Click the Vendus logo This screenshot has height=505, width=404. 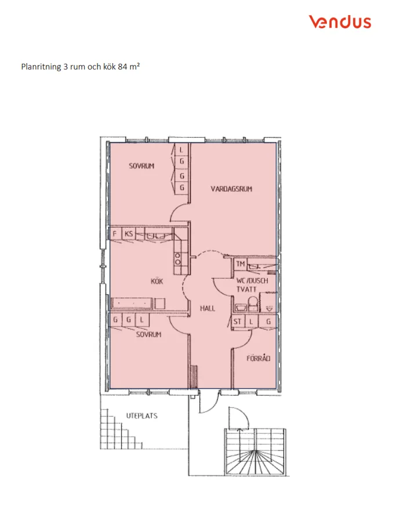[x=340, y=22]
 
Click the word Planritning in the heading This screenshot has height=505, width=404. [x=41, y=67]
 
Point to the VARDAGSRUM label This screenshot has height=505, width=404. [x=232, y=189]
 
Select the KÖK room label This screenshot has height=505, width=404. [x=156, y=281]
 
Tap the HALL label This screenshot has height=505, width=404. [x=208, y=308]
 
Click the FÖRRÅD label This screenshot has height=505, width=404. [x=259, y=358]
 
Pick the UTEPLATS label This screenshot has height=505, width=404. [x=142, y=416]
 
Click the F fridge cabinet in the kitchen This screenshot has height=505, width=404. [x=115, y=235]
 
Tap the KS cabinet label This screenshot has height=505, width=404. [x=129, y=235]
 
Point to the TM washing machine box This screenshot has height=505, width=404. [x=241, y=264]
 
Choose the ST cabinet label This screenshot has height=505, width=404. [x=237, y=322]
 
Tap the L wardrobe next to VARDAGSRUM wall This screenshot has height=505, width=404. [x=181, y=149]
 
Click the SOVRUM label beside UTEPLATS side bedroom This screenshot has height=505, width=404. [x=148, y=335]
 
